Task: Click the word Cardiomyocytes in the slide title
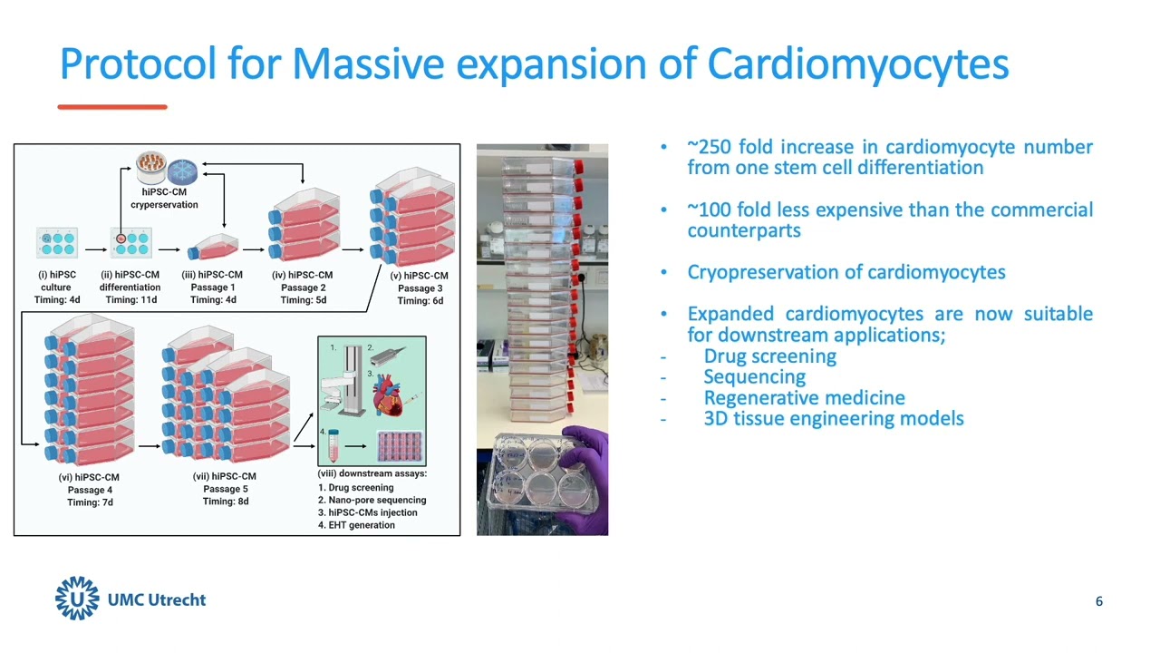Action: tap(857, 64)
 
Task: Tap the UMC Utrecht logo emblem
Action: tap(77, 599)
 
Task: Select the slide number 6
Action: tap(1099, 601)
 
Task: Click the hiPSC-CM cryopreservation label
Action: tap(164, 199)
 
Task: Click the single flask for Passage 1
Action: tap(213, 247)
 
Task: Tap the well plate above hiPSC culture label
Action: tap(57, 242)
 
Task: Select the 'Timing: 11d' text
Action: tap(130, 300)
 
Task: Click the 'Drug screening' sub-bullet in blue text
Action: tap(769, 356)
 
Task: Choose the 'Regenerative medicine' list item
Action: tap(804, 398)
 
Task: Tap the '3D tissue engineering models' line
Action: tap(833, 419)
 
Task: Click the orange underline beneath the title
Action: tap(112, 107)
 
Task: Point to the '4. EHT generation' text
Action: tap(356, 525)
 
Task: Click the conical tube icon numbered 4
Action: tap(333, 444)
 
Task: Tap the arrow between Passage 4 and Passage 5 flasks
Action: tap(149, 445)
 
